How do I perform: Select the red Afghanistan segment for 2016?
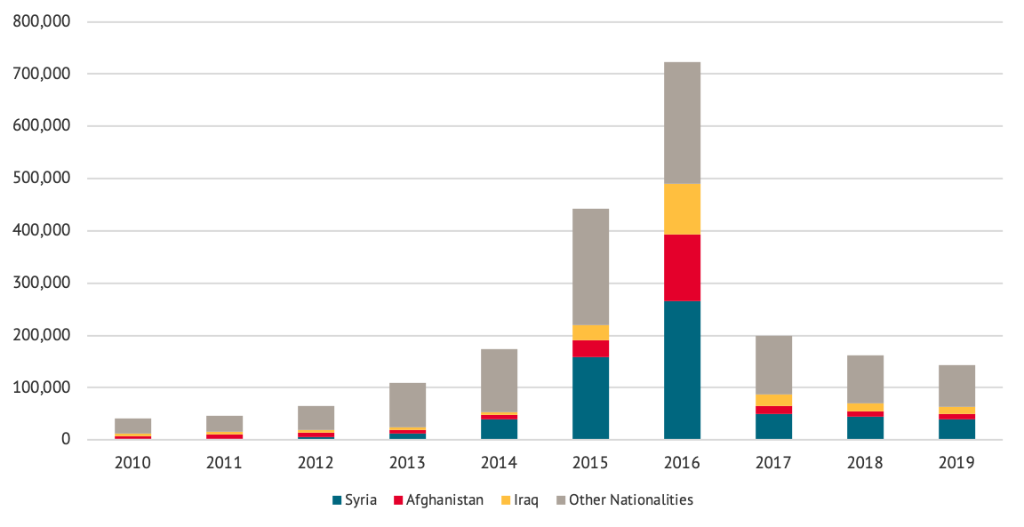tap(682, 267)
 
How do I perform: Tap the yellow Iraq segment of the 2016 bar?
tap(682, 209)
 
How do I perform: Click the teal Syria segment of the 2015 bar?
tap(590, 397)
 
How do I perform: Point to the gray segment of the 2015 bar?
tap(590, 267)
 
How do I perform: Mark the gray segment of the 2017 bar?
tap(773, 364)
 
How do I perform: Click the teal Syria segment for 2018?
tap(865, 427)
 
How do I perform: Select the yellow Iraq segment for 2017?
tap(773, 400)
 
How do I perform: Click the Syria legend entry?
tap(355, 499)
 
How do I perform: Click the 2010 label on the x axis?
tap(132, 463)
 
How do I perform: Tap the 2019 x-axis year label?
tap(956, 463)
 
